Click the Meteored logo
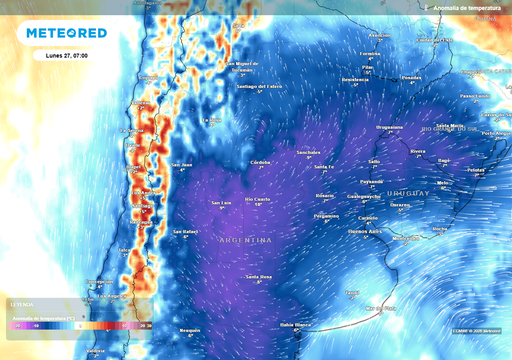[66, 33]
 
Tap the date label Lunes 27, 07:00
[66, 56]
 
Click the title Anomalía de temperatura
[465, 7]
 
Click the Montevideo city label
[409, 238]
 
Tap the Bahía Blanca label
[297, 324]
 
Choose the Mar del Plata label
[380, 308]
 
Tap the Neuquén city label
[190, 328]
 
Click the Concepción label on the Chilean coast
[98, 281]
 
